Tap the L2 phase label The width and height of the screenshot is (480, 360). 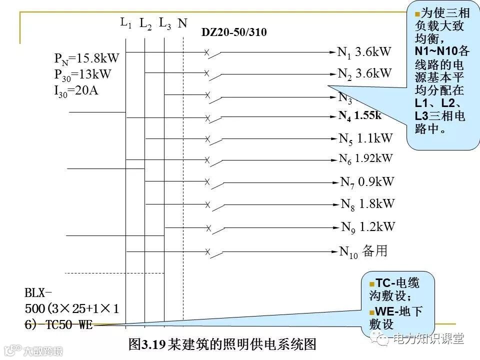[x=145, y=23]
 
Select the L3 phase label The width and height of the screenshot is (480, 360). [x=164, y=23]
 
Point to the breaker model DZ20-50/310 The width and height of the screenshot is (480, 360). [x=234, y=33]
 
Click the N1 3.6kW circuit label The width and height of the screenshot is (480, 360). [x=364, y=51]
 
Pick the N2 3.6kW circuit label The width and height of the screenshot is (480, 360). [x=364, y=73]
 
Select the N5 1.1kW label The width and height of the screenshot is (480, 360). [x=365, y=138]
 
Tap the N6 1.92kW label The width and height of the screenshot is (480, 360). [x=365, y=159]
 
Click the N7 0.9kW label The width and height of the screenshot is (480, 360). [x=367, y=181]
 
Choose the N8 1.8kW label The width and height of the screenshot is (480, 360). [x=367, y=203]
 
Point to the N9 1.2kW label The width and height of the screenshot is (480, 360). [x=368, y=226]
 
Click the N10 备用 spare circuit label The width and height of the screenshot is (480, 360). [x=363, y=251]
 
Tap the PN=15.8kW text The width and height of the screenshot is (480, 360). [x=86, y=58]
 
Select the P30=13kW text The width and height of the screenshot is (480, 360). [x=82, y=74]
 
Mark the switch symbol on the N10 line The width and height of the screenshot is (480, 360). [x=212, y=253]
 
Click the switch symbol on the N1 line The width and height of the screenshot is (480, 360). [x=212, y=54]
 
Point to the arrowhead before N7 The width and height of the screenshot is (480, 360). [x=336, y=182]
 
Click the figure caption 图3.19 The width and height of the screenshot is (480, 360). [x=222, y=344]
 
